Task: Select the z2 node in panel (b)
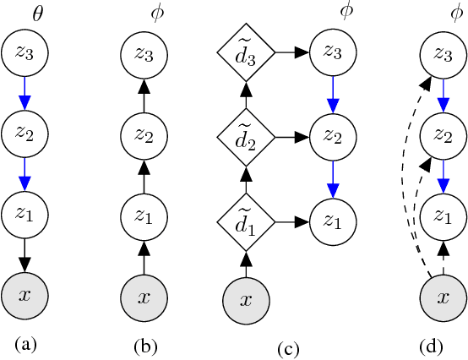pos(144,134)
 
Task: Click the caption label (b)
pos(144,346)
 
